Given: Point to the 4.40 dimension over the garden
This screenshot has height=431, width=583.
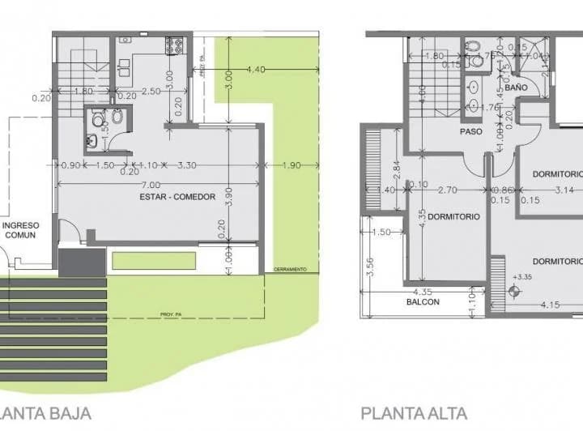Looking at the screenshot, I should pos(257,69).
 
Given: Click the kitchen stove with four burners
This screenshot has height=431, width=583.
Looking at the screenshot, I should pos(174,45).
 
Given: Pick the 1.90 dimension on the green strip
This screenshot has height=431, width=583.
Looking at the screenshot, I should pos(292,165).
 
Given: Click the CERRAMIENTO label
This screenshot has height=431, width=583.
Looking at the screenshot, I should pos(290,269).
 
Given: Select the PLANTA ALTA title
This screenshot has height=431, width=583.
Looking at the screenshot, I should pos(415,413).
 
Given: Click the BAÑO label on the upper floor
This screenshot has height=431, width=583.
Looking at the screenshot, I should pos(516,86).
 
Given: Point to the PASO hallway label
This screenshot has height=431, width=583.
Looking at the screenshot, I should pos(471,131).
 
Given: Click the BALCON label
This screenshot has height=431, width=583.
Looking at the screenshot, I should pos(423,302).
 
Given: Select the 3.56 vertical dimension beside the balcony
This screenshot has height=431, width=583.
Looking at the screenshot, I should pos(370,267).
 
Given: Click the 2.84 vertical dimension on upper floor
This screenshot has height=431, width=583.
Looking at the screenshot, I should pos(395,167).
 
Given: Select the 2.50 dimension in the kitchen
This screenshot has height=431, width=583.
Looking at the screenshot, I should pos(149,91).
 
